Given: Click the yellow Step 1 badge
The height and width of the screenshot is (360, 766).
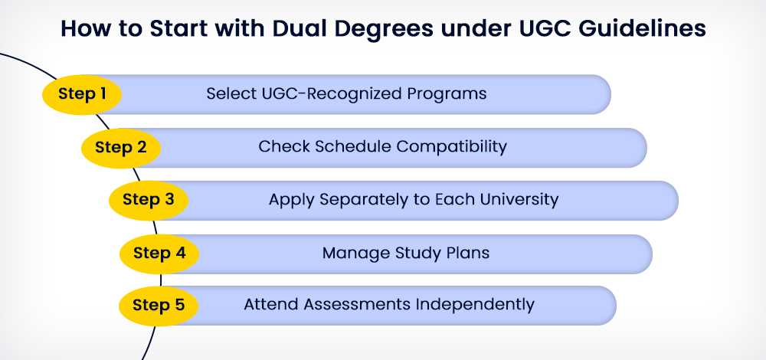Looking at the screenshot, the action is coord(82,94).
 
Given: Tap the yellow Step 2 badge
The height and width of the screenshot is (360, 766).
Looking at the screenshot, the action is coord(121,148).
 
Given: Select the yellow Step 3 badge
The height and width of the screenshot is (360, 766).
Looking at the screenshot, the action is coord(149,200).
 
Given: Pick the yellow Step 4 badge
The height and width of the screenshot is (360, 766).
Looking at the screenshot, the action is coord(160,254).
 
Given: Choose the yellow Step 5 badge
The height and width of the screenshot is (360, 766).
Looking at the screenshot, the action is coord(159,306).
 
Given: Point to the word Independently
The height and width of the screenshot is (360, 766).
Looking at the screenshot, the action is coord(475,305).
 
